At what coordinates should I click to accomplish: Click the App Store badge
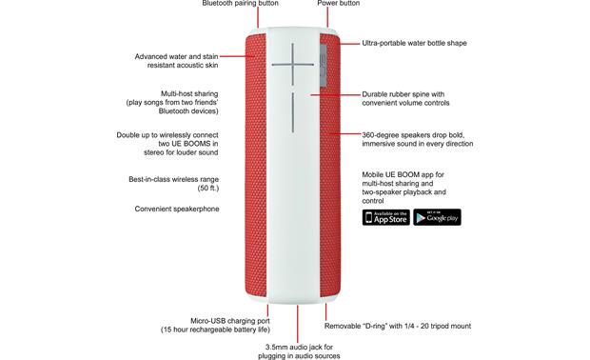tap(384, 216)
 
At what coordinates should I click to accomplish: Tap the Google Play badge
tap(437, 216)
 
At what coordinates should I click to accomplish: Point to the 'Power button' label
tap(338, 4)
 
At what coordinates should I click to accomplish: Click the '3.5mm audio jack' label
tap(302, 346)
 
